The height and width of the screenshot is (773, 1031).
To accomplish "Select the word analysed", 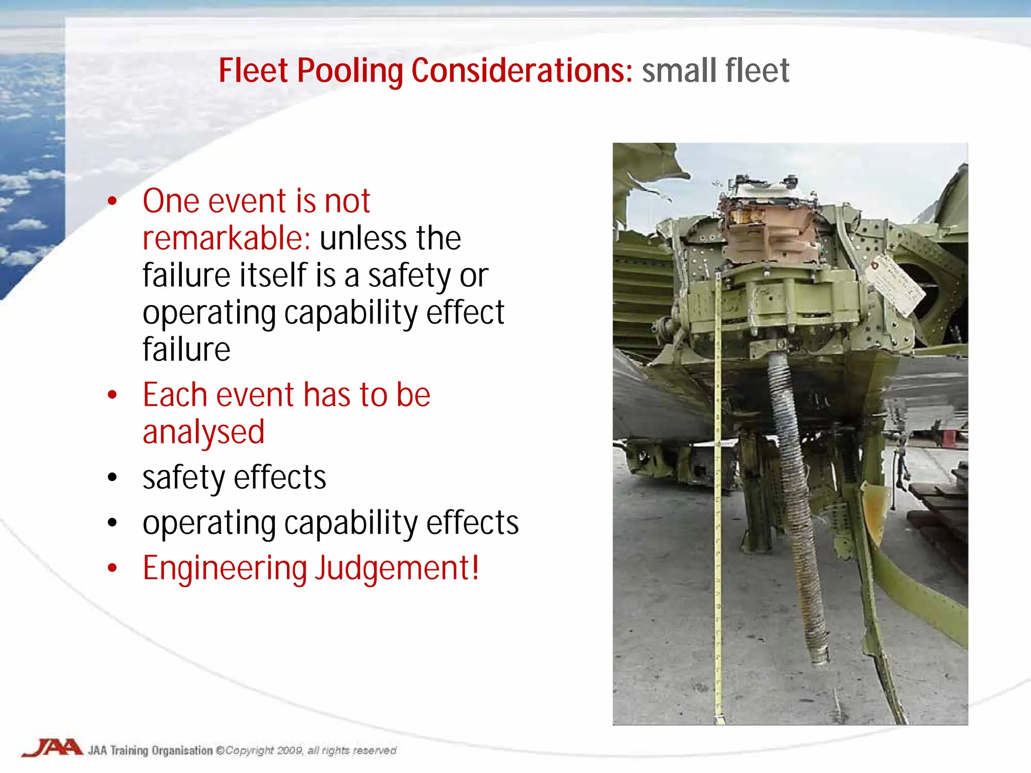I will click(x=203, y=433).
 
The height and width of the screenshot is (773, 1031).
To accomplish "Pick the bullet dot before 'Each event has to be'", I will click(x=112, y=395).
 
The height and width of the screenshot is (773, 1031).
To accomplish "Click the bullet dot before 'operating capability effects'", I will click(x=112, y=523).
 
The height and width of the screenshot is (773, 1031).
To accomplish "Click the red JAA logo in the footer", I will click(x=52, y=748).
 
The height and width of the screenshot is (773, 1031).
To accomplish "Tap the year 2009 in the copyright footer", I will click(x=289, y=750).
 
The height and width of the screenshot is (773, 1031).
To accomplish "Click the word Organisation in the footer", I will click(x=182, y=750).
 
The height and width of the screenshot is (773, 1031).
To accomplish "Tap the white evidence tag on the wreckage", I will click(x=899, y=285).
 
